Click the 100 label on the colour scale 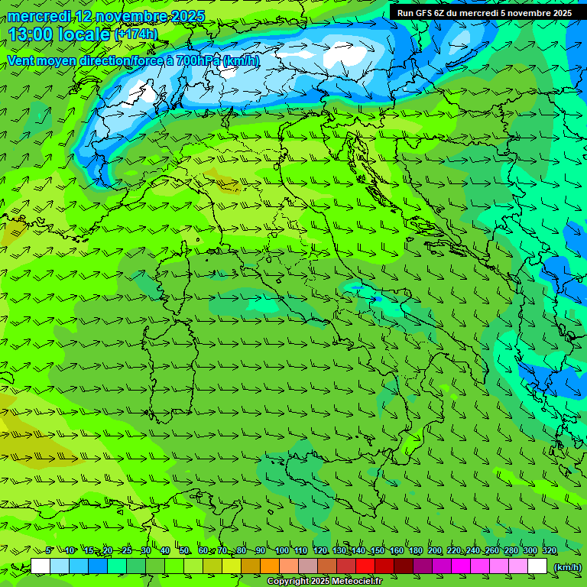coord(282,551)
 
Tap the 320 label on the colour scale coord(550,551)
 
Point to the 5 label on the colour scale coord(49,551)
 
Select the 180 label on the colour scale coord(416,551)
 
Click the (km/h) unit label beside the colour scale coord(566,566)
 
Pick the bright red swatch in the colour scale coord(365,566)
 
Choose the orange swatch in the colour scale coord(270,566)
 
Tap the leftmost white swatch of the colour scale coord(41,566)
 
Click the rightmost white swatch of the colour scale coord(537,566)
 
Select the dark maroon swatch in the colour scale coord(404,566)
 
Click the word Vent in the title coord(21,60)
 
